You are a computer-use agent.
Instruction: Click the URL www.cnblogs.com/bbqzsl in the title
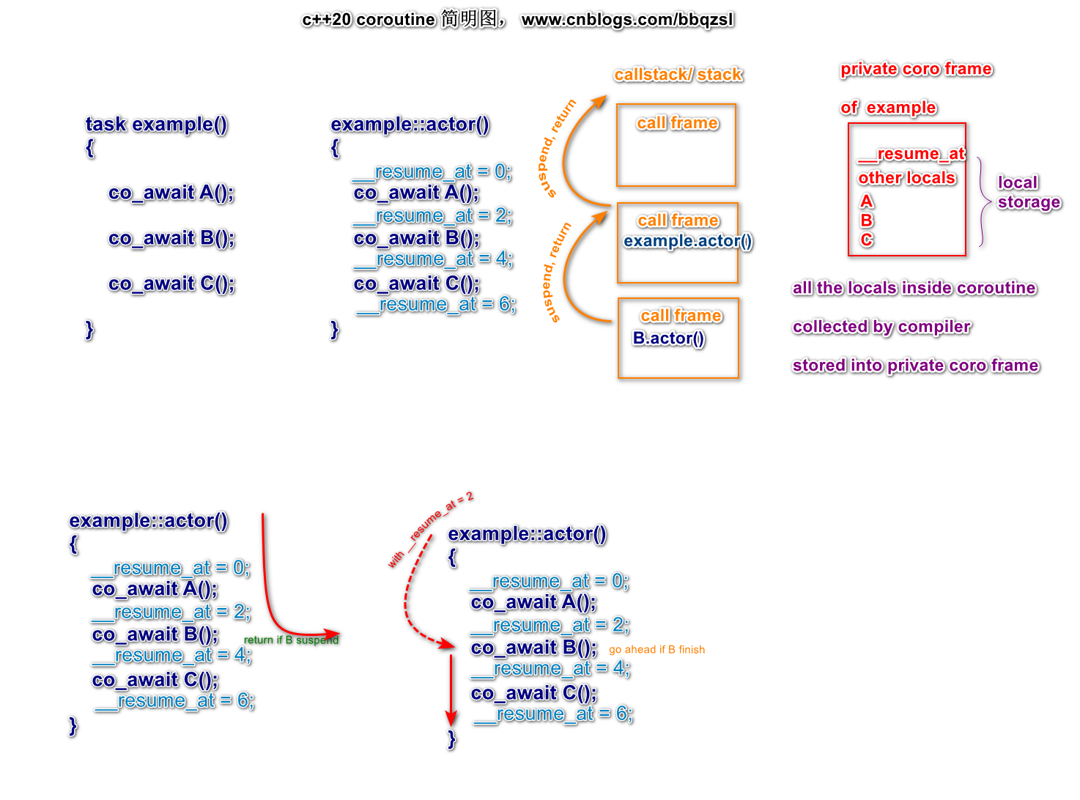[x=627, y=20]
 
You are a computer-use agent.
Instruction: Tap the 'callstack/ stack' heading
[x=678, y=75]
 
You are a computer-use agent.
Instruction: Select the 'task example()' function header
[x=156, y=125]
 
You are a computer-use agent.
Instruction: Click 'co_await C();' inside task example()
[x=171, y=284]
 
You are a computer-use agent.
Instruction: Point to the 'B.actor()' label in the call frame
[x=668, y=338]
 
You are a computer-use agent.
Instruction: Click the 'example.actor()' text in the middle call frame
[x=687, y=241]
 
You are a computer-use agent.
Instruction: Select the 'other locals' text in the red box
[x=906, y=178]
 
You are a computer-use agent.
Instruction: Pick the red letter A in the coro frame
[x=867, y=201]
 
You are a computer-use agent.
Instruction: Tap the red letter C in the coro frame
[x=867, y=240]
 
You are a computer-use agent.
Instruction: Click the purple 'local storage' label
[x=1028, y=193]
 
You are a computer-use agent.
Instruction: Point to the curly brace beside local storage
[x=983, y=201]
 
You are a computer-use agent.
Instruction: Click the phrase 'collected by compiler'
[x=881, y=327]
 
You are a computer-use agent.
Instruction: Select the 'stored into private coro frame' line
[x=915, y=366]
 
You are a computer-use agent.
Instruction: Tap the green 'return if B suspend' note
[x=291, y=640]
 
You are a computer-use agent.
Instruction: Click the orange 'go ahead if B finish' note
[x=656, y=649]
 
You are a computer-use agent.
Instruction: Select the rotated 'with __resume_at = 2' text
[x=430, y=530]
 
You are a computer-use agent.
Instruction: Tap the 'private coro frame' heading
[x=916, y=69]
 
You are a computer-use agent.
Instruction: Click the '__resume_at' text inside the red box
[x=911, y=154]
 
